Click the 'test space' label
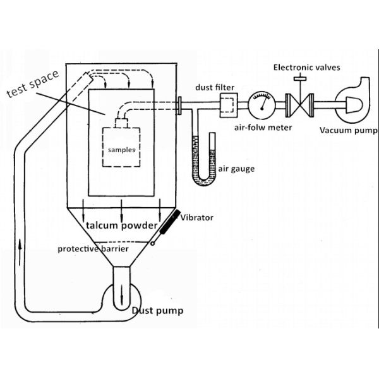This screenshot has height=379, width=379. coord(32,84)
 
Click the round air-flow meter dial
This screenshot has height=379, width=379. coord(261,104)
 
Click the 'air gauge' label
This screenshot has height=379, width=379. coord(233,169)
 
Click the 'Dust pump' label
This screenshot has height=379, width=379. coord(157,311)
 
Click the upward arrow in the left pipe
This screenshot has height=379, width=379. coord(23,244)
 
